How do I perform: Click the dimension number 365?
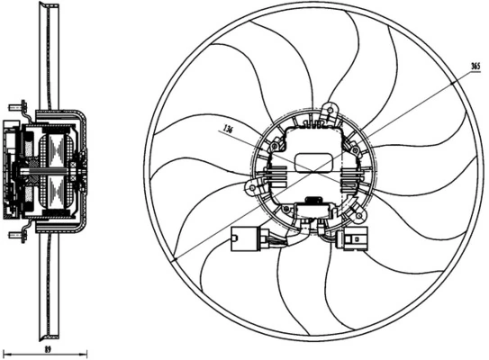475,67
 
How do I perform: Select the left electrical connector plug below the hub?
245,240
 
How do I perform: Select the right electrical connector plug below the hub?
353,240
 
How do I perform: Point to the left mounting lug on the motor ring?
252,185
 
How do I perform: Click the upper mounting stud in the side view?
16,105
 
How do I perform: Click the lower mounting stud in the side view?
16,235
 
